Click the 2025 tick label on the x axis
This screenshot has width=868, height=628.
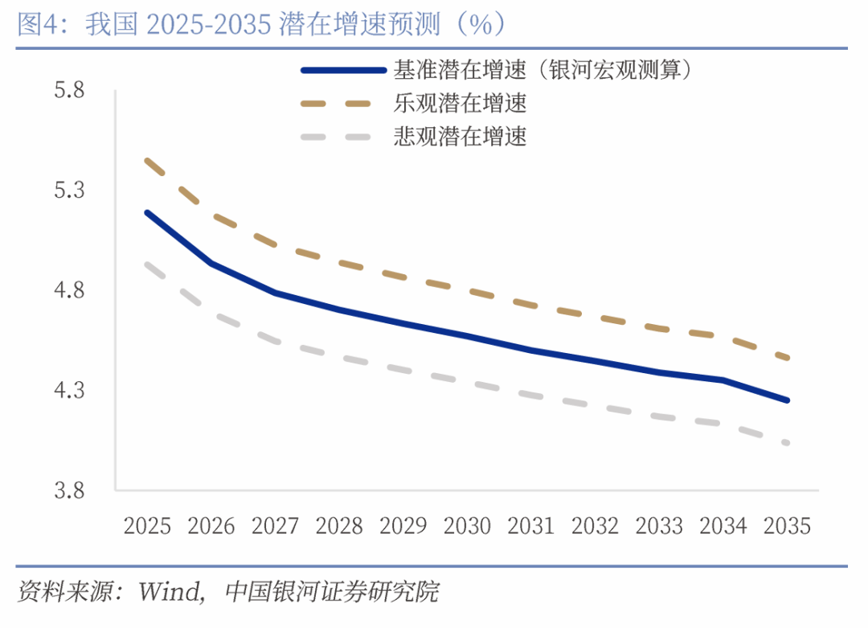(147, 526)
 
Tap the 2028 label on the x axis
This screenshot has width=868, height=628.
(339, 526)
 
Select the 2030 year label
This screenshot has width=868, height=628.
(468, 526)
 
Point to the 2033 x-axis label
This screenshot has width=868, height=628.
(659, 526)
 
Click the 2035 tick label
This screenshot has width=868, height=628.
(788, 526)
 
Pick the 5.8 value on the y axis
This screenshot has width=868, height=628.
(69, 90)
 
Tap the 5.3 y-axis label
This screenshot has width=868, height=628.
(69, 191)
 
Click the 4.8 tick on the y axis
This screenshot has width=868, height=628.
(69, 290)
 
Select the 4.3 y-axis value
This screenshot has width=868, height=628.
(69, 391)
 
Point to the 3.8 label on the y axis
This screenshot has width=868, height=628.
(69, 490)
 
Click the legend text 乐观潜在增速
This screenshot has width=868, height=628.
(460, 104)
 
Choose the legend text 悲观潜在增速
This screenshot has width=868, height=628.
(460, 137)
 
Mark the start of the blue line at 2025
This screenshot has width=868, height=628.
(147, 212)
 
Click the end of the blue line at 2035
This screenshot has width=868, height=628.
(788, 400)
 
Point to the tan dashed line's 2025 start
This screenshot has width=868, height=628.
(147, 161)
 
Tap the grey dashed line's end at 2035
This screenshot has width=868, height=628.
(788, 442)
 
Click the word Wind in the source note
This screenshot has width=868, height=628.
(170, 593)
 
